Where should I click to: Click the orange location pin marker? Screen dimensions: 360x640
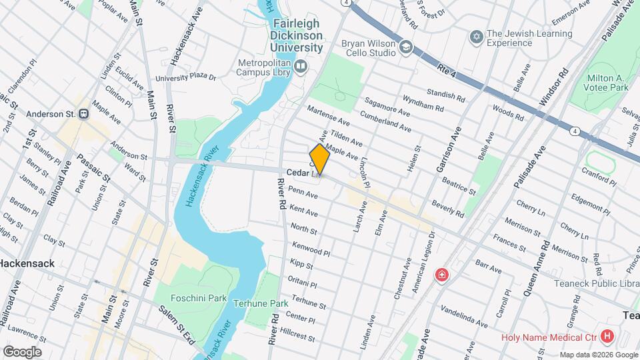tap(319, 159)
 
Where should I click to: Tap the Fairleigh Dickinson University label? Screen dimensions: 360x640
tap(297, 36)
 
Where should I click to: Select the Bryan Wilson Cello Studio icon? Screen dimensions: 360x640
tap(406, 47)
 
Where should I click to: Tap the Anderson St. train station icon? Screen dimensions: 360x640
tap(84, 114)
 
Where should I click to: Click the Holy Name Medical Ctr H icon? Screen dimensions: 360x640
tap(607, 337)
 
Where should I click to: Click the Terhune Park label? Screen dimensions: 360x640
tap(260, 303)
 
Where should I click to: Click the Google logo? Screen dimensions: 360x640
tap(22, 351)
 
